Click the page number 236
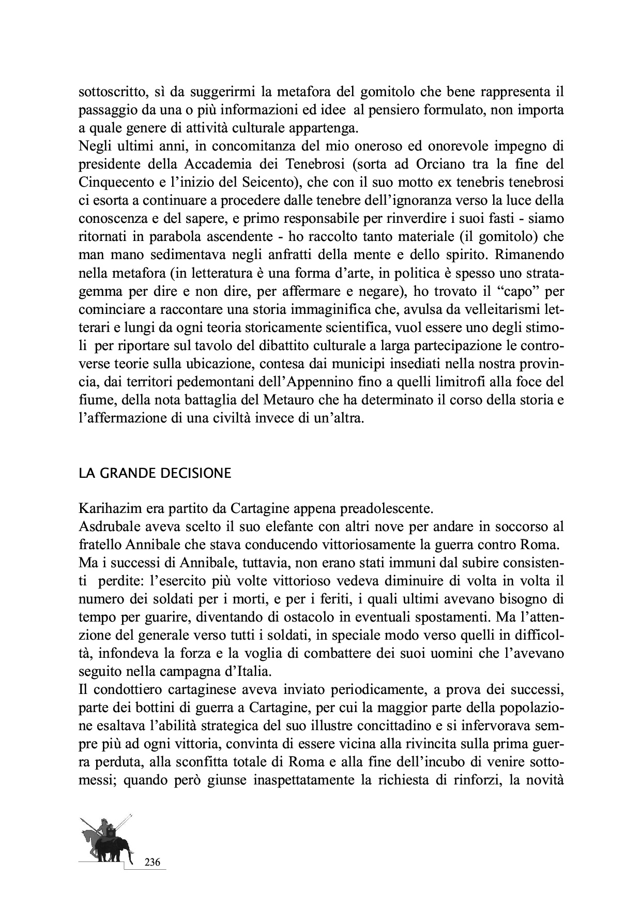[152, 862]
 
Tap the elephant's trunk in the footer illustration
[130, 853]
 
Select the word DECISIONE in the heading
[197, 474]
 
